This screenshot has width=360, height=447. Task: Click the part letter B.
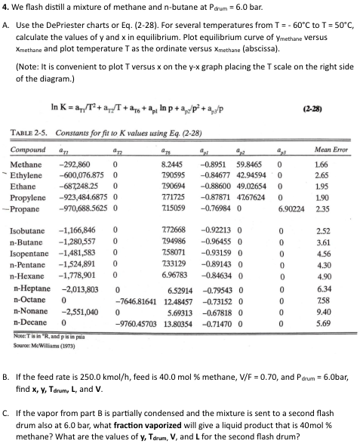[8, 353]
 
